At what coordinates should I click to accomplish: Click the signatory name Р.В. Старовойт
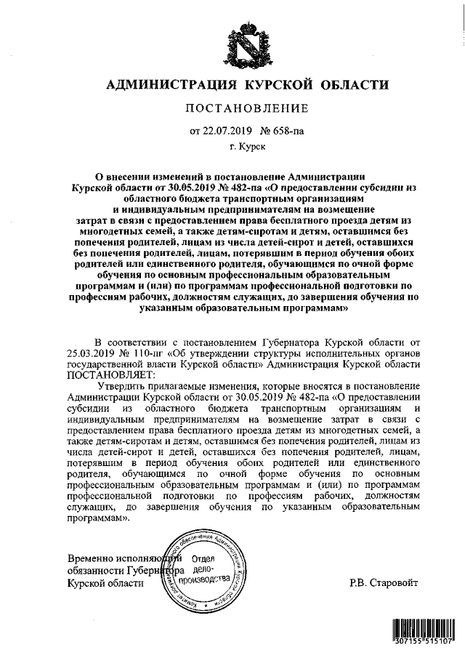tap(384, 584)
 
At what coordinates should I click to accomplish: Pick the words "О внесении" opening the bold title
tap(123, 176)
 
